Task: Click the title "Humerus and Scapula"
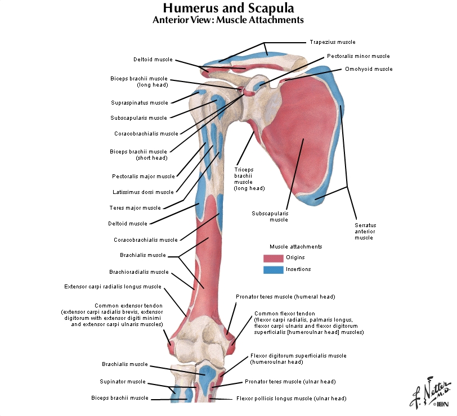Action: click(x=228, y=8)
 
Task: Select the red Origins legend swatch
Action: click(x=273, y=258)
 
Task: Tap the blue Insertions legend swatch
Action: click(x=273, y=270)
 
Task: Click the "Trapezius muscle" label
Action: click(x=332, y=42)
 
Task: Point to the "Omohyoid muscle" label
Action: click(x=368, y=69)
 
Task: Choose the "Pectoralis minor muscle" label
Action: click(x=358, y=56)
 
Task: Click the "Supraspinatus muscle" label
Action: click(x=140, y=103)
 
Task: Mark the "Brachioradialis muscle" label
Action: click(x=139, y=272)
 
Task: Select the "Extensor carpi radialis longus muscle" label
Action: click(x=113, y=287)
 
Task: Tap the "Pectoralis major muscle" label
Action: click(x=143, y=177)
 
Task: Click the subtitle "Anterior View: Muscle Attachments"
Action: click(x=228, y=20)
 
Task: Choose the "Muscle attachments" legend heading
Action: click(x=295, y=247)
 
